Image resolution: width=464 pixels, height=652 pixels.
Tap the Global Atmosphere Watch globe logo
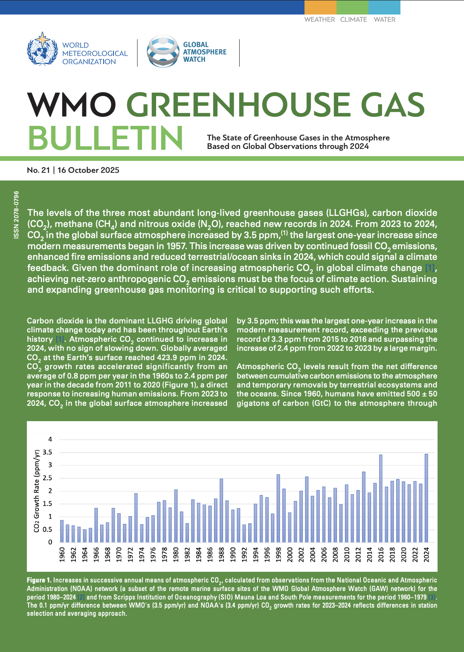[162, 51]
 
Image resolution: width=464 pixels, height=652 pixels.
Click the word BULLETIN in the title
[106, 138]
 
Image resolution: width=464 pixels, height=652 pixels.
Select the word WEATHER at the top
[319, 20]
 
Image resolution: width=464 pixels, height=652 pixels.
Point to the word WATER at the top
[384, 20]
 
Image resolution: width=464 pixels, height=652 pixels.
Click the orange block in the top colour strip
[320, 7]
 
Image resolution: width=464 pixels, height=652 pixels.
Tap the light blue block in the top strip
[384, 7]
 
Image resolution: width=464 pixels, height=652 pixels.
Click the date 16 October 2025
[88, 170]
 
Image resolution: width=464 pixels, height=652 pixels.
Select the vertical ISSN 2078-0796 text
[16, 215]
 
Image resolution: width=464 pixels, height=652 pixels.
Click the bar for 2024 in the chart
[426, 498]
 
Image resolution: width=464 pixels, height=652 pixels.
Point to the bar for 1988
[221, 510]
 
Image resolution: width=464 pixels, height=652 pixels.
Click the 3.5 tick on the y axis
[47, 452]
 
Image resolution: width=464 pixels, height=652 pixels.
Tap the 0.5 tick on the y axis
[47, 530]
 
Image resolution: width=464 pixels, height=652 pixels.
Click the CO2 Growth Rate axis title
[37, 491]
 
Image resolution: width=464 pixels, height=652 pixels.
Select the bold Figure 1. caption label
[39, 580]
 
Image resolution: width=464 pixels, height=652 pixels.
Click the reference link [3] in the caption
[432, 597]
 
